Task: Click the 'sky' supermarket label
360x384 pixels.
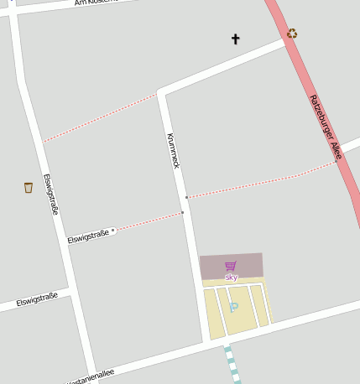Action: (x=232, y=277)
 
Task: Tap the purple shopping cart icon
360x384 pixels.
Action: (x=231, y=266)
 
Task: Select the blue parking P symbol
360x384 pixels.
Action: (x=233, y=308)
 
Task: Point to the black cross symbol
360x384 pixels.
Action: (x=235, y=39)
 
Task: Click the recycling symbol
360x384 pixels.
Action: (x=292, y=34)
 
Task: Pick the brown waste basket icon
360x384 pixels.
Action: (x=29, y=188)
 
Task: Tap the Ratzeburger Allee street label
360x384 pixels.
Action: (x=324, y=127)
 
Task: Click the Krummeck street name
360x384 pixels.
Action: (x=174, y=151)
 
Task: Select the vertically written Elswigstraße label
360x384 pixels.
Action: (x=50, y=194)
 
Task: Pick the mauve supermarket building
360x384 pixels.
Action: (x=232, y=266)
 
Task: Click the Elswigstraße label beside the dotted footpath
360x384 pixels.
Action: (x=89, y=235)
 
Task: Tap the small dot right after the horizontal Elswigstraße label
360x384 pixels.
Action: (x=113, y=230)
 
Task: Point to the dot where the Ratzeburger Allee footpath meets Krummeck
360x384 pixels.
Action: (x=186, y=197)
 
